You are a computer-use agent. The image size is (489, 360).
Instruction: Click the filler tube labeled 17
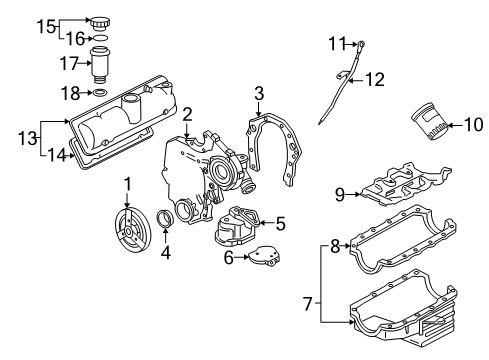[101, 64]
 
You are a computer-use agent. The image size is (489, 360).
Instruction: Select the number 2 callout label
[186, 115]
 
